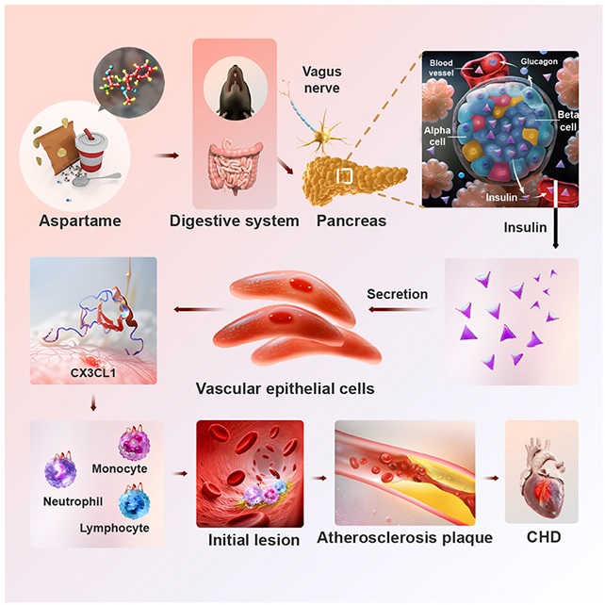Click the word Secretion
(x=397, y=294)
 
